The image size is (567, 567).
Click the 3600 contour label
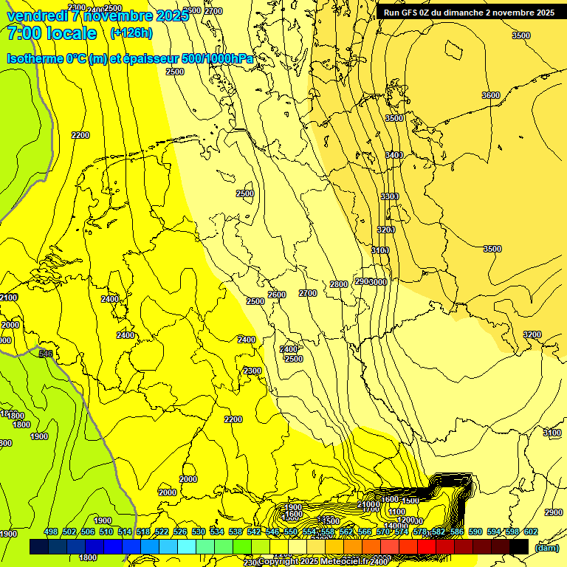coord(490,95)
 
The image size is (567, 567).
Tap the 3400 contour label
coord(394,155)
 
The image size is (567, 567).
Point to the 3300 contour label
coord(389,196)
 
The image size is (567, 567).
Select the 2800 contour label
coord(338,284)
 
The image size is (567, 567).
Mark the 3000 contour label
coord(379,282)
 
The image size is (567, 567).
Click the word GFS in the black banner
coord(413,13)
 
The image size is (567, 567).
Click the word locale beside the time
coord(71,33)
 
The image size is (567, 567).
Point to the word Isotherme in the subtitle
coord(35,58)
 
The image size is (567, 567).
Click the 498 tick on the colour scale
coord(51,532)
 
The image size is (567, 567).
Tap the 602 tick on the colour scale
coord(531,532)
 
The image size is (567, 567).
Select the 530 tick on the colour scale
coord(199,532)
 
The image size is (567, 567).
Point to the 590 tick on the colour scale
coord(475,532)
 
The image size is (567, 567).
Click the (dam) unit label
coord(546,547)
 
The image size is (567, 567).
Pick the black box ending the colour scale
coord(519,546)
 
